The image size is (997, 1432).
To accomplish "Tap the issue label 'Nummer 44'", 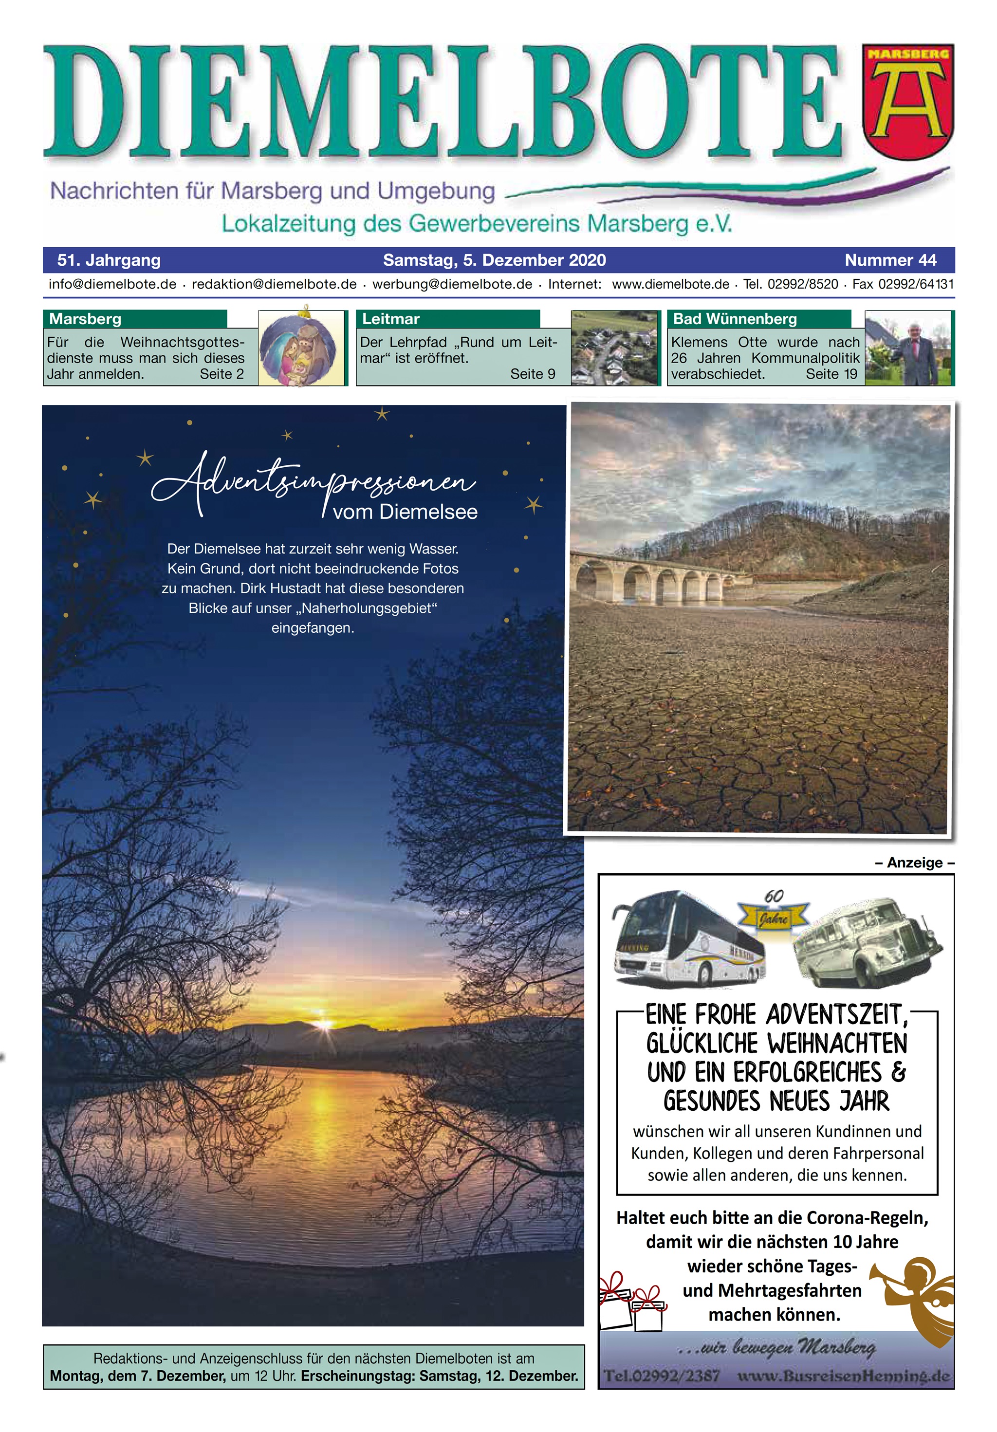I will coord(890,260).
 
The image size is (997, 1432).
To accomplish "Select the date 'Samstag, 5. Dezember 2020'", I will coord(494,260).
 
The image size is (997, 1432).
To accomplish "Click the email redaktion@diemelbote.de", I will coord(274,284).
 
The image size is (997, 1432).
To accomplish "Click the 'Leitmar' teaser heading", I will coord(391,319).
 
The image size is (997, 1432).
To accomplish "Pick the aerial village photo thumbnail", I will coord(614,348).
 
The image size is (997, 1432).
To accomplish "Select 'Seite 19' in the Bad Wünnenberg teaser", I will coord(831,374).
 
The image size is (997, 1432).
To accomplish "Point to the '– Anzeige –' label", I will coord(915,863).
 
